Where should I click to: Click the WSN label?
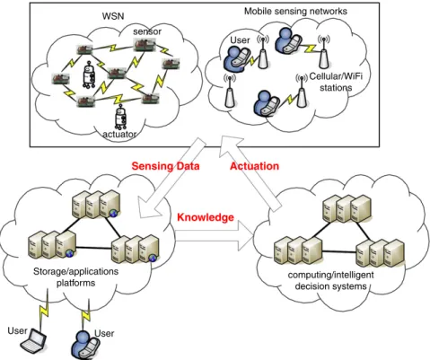click(x=113, y=16)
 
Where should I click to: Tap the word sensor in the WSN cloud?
click(x=147, y=31)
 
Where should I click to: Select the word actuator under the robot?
click(x=119, y=135)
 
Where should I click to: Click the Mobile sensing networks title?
click(x=295, y=12)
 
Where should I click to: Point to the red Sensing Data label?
click(x=165, y=166)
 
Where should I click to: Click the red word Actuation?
click(x=254, y=166)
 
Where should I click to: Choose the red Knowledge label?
click(x=206, y=217)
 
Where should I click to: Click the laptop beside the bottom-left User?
click(x=33, y=340)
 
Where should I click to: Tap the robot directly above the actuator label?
click(x=120, y=117)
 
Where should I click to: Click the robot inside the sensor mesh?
click(x=89, y=75)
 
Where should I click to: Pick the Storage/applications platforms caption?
click(x=75, y=277)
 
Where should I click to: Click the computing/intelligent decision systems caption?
click(x=330, y=280)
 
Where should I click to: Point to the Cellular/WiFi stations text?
click(x=336, y=82)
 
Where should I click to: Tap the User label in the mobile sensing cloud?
click(x=240, y=40)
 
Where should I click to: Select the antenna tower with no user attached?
click(x=230, y=91)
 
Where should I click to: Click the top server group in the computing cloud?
click(x=347, y=208)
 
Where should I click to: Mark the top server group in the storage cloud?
click(x=96, y=204)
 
